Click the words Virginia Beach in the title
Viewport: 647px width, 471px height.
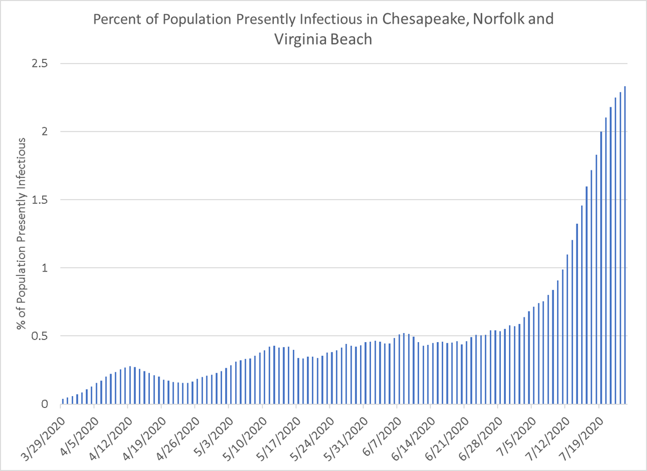(x=323, y=39)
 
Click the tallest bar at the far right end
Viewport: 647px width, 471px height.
(x=625, y=245)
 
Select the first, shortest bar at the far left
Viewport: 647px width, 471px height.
(x=63, y=401)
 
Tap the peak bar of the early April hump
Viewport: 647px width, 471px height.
(x=130, y=385)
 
